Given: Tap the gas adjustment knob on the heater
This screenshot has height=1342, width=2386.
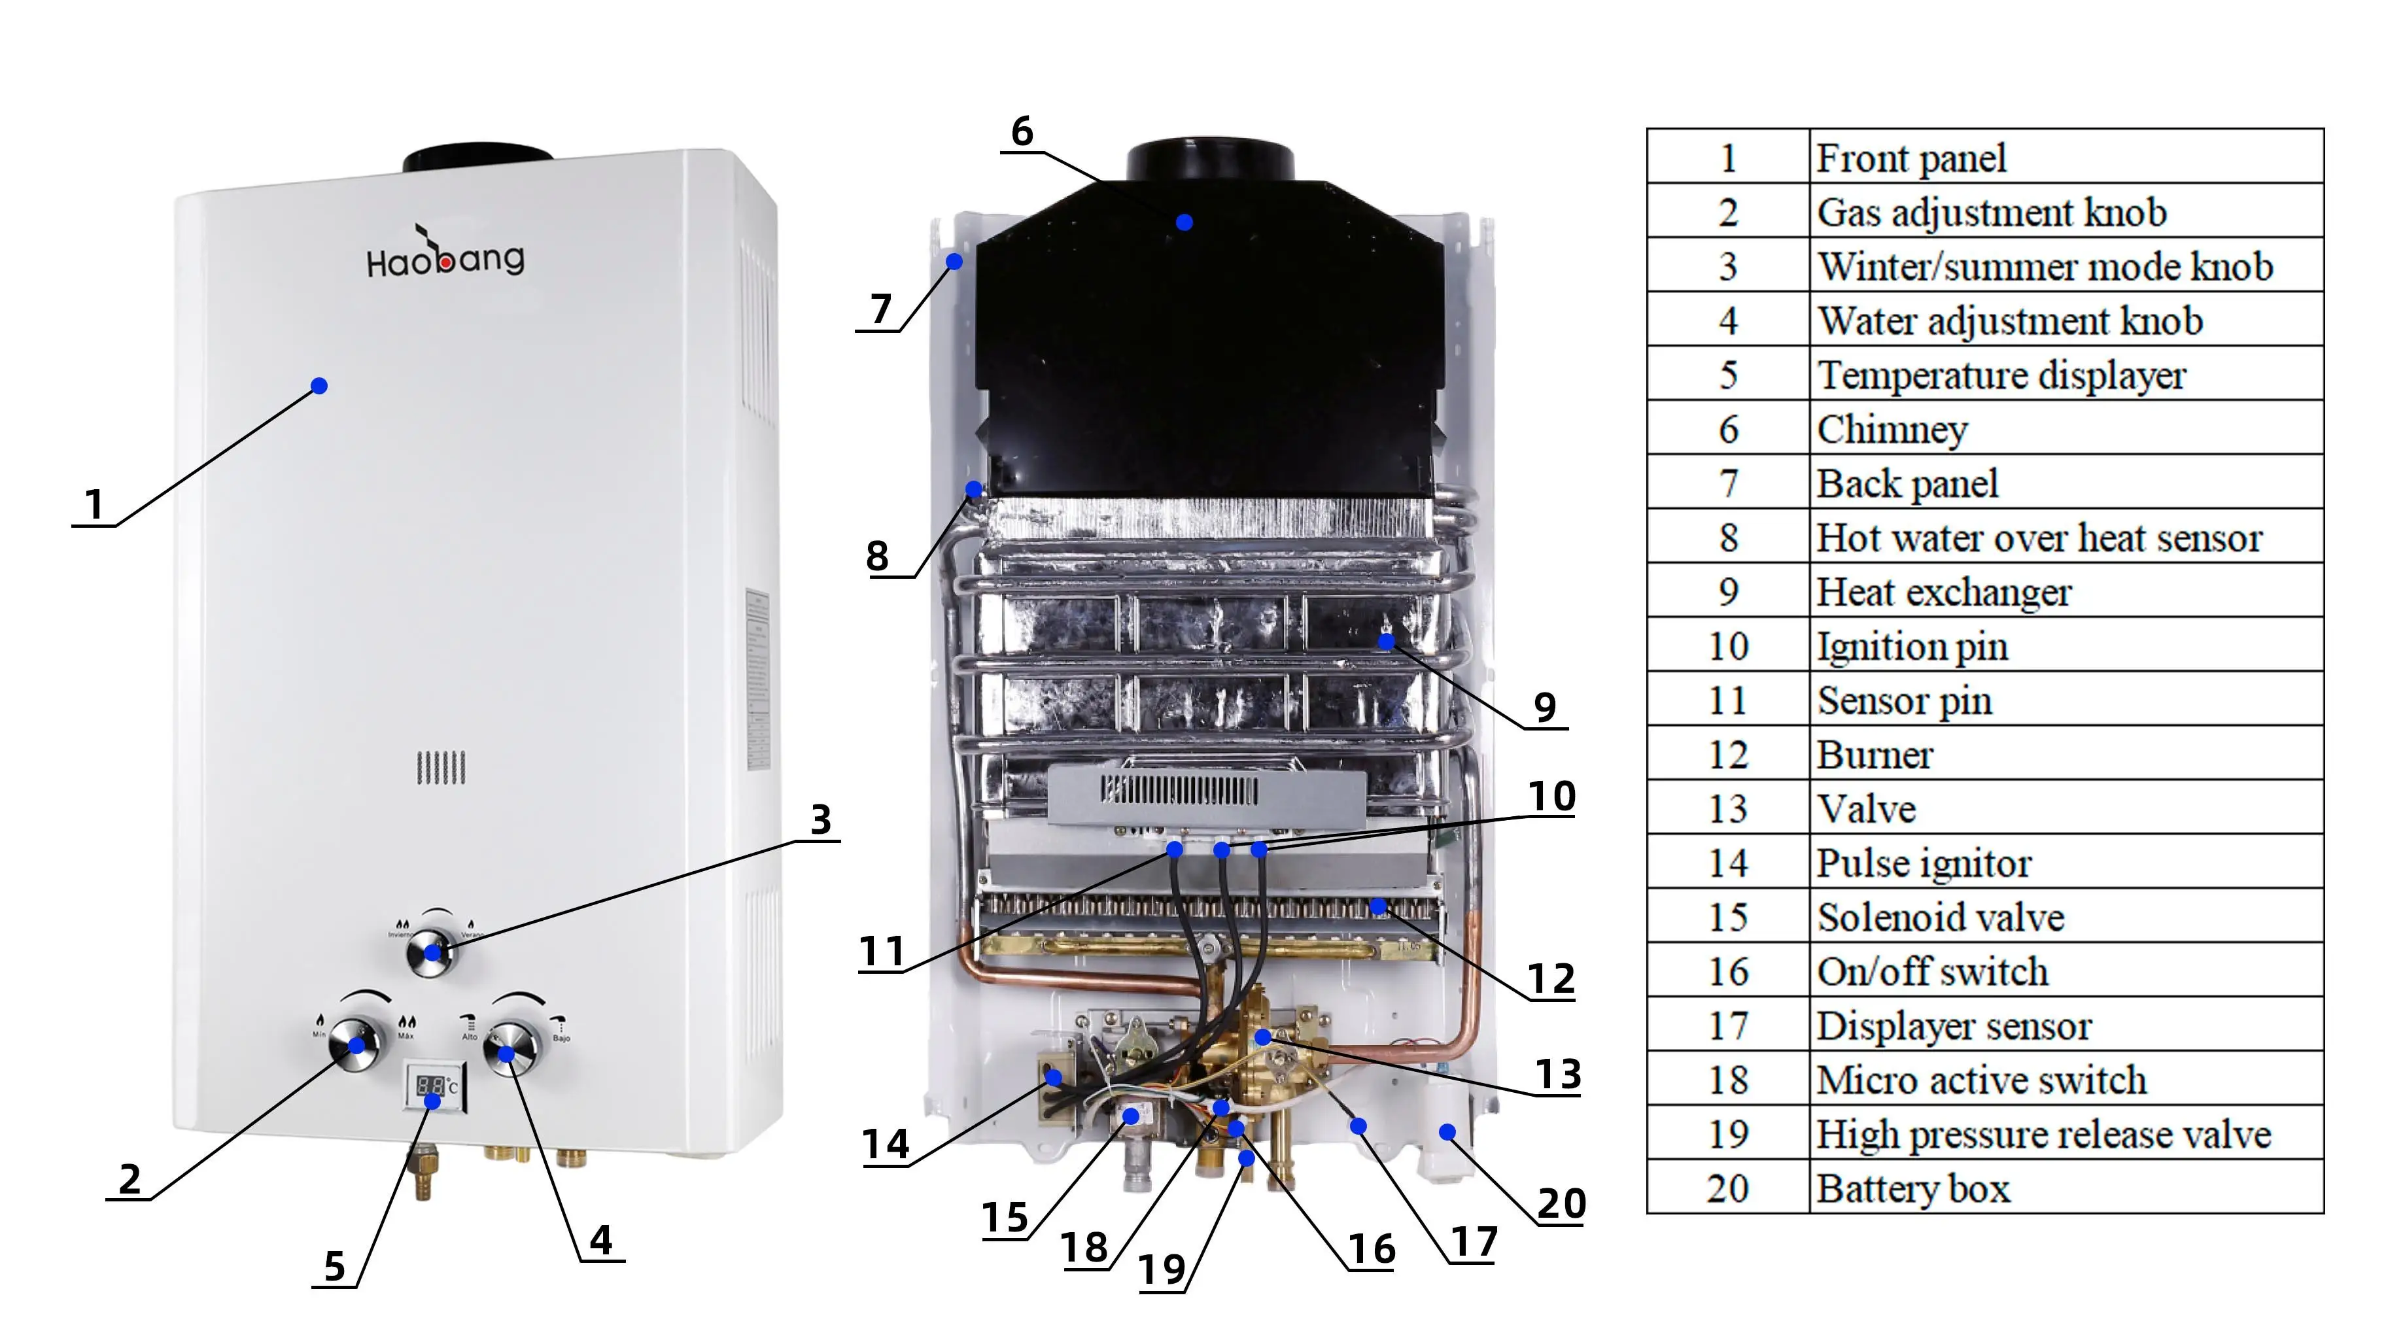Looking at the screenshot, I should [x=356, y=1044].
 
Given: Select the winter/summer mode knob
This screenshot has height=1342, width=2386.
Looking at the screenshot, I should [x=432, y=951].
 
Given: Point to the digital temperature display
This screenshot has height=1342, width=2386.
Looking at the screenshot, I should [x=432, y=1086].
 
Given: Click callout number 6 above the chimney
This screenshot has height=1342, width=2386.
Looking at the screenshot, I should [x=1022, y=131].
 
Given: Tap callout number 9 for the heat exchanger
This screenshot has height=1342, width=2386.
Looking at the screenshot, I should [x=1544, y=707].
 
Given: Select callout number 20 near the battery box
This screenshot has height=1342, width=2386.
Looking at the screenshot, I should [x=1562, y=1203].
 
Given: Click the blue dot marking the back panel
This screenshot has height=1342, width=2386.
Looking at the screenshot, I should [x=954, y=262].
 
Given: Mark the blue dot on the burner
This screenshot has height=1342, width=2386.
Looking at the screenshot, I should [x=1378, y=906].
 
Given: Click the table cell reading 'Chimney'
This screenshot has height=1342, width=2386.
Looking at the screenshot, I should [x=2066, y=429].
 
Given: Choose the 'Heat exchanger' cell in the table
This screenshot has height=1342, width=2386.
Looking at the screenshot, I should [x=2066, y=592].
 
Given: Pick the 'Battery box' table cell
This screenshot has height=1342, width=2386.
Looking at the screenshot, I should [x=2066, y=1188].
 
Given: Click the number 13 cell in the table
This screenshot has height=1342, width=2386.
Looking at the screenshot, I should [x=1727, y=808].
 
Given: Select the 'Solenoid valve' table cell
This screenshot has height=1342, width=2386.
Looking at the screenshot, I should [x=2066, y=917].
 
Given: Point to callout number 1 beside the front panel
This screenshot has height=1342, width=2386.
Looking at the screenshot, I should [x=94, y=505].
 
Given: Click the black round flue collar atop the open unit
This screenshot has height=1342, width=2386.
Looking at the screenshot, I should [x=1209, y=161].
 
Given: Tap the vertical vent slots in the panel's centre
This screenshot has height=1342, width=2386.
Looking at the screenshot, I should [x=441, y=768].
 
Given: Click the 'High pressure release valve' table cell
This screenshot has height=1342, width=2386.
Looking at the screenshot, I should [x=2066, y=1133].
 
